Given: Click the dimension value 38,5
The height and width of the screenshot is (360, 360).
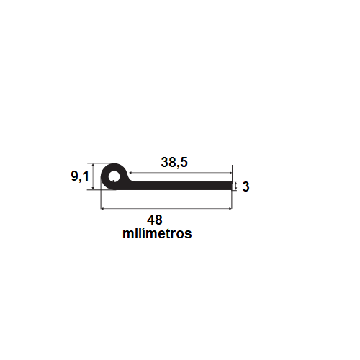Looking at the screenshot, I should [x=174, y=163].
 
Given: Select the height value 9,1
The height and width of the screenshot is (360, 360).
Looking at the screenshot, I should [x=80, y=176].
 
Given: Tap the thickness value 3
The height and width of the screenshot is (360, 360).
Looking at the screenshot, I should [x=246, y=186].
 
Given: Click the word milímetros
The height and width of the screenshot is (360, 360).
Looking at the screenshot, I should [x=157, y=234].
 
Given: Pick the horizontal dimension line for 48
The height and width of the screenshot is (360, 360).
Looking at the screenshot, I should [x=166, y=209].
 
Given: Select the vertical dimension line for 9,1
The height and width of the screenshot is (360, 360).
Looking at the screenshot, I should [x=93, y=176].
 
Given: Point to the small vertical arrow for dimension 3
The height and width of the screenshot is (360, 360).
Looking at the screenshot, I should [x=235, y=186].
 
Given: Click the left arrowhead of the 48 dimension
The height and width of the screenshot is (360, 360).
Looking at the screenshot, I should [x=103, y=209].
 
